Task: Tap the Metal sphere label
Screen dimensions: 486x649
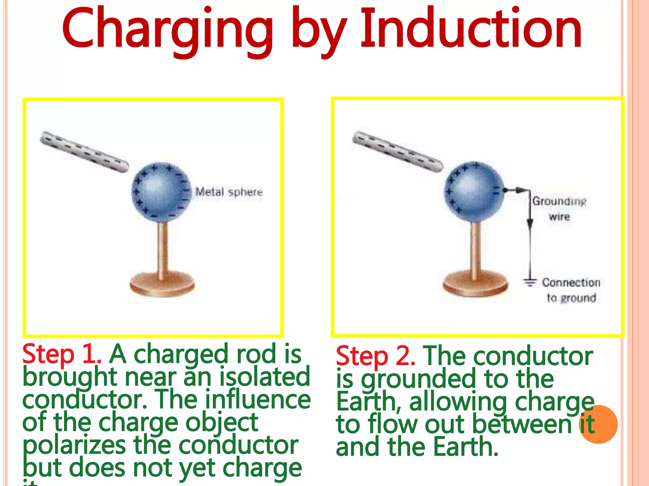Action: pos(229,192)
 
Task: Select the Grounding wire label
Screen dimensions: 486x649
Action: pos(559,209)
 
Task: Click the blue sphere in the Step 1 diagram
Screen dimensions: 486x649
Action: pos(162,192)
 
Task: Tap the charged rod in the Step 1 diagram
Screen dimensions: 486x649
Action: pos(84,152)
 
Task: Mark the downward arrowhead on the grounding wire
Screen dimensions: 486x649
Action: pos(530,223)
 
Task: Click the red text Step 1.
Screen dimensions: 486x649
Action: pos(61,354)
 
